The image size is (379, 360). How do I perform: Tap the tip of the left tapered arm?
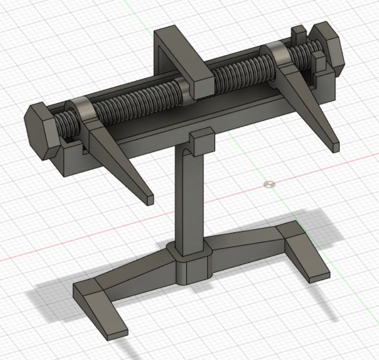coord(150,200)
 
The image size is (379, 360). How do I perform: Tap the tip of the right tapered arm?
coord(335,147)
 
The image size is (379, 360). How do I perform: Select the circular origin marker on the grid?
coord(269,184)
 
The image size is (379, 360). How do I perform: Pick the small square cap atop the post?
coord(202,140)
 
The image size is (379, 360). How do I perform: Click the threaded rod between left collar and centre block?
coord(137,101)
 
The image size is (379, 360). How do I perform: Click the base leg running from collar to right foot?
coord(245,240)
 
